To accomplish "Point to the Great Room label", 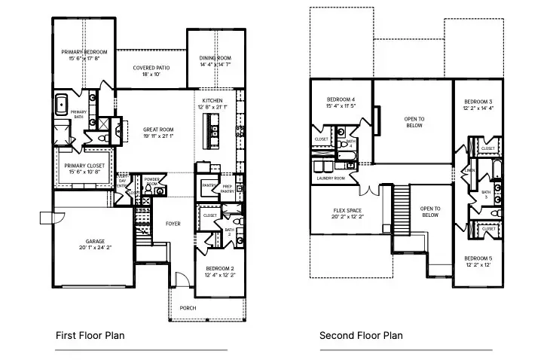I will coord(153,133).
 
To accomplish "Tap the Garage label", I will coord(84,243).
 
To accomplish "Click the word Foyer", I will coord(174,224).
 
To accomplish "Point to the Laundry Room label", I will coord(331,178).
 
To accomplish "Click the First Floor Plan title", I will coord(90,336).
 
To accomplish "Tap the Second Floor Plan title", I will coord(361,336).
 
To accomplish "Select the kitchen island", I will coord(208,139).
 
